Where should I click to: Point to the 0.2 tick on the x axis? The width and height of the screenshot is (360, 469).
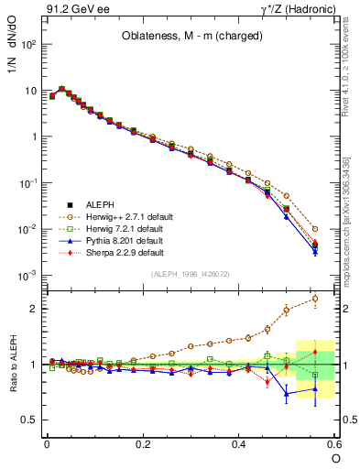coord(142,444)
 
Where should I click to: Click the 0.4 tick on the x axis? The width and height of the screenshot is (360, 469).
coord(238,444)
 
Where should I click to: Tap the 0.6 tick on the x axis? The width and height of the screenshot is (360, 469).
coord(333,444)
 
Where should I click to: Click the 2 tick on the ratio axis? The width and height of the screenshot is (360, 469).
coord(33,309)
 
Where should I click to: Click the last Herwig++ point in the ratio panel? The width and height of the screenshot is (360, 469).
coord(315,298)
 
